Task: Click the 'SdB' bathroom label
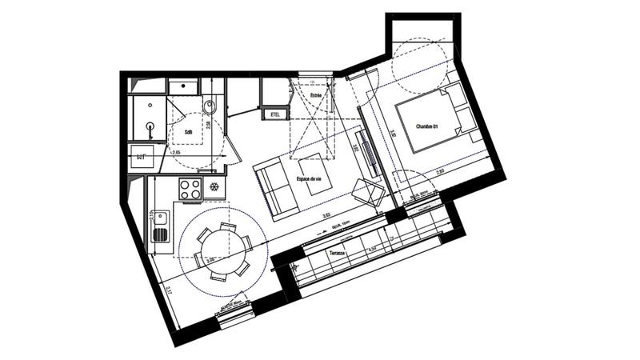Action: click(188, 132)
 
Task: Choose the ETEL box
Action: click(275, 114)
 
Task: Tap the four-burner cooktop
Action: click(190, 189)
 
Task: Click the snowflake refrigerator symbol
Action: click(214, 187)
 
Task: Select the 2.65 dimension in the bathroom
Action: click(174, 150)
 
